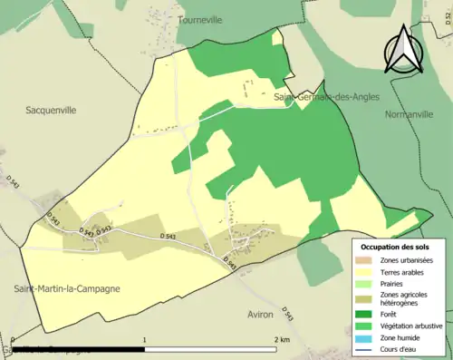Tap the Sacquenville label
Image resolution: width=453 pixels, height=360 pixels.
(51, 110)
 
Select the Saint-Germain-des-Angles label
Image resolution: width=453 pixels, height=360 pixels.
(326, 96)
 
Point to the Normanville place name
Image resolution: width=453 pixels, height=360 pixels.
(410, 115)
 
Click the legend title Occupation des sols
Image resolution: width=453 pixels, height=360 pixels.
(395, 247)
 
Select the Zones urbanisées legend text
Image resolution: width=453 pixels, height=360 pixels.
(406, 260)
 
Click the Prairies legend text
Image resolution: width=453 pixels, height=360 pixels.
(391, 283)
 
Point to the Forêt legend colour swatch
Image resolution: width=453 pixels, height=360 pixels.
(368, 316)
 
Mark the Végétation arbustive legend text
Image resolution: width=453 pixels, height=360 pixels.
(411, 326)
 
